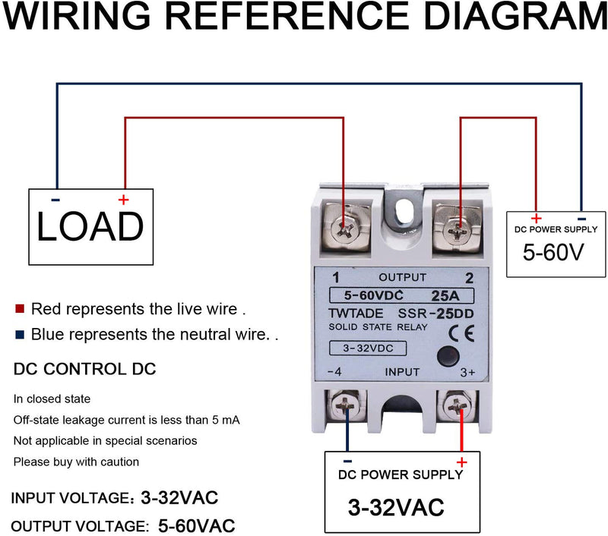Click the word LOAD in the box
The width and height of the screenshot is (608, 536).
point(90,226)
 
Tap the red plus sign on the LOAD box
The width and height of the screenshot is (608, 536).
point(123,200)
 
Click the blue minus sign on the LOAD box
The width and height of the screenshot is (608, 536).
point(56,200)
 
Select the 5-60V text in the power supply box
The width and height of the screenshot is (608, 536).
point(553,252)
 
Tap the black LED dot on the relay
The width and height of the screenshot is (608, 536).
point(448,355)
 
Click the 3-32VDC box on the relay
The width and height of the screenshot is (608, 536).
point(366,349)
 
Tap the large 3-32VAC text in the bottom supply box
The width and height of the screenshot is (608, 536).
point(396,506)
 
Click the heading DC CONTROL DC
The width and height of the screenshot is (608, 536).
point(85,370)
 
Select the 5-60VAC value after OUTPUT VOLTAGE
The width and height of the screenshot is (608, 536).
point(197,525)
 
